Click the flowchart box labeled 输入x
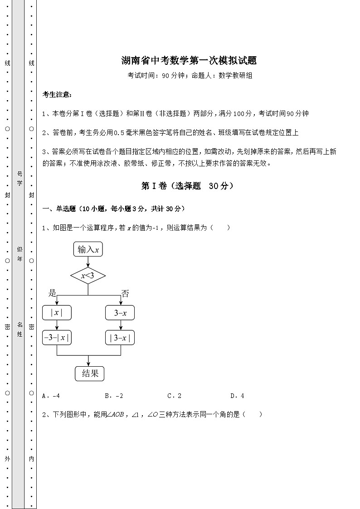coord(88,249)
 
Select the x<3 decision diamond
coord(88,275)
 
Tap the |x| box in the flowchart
coord(57,312)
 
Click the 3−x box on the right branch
coord(120,313)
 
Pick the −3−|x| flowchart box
coord(57,338)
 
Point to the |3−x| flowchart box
coord(120,338)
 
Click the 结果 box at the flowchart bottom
coord(89,373)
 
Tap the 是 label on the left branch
coord(52,293)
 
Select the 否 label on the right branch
coord(125,294)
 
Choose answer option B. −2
coord(114,396)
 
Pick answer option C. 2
coord(175,396)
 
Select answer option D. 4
coord(237,396)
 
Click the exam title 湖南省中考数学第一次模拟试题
coord(189,60)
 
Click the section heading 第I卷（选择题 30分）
coord(187,186)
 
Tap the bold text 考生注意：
coord(57,95)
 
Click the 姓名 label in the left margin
coord(20,329)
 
